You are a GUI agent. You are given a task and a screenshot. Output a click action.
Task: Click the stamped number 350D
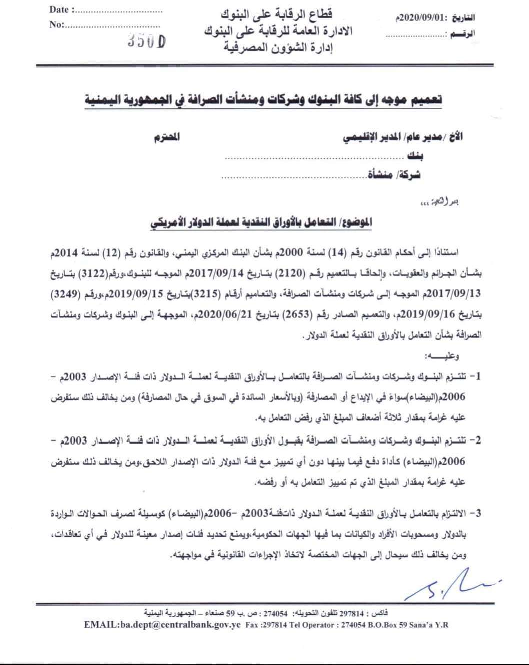[147, 43]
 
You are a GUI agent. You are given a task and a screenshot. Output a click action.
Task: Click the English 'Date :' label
[62, 10]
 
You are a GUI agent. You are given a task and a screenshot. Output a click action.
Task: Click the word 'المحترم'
[167, 137]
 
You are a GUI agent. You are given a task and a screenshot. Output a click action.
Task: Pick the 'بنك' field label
[415, 157]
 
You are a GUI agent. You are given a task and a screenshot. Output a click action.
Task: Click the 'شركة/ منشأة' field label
[394, 175]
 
